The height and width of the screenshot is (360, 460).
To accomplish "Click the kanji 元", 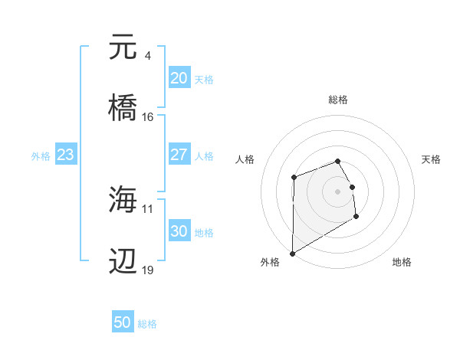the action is (x=123, y=47).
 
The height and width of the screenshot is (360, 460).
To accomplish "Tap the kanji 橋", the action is (x=123, y=107).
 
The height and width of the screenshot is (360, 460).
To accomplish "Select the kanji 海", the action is (x=123, y=199).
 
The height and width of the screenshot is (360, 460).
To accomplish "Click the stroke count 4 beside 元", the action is (x=147, y=55).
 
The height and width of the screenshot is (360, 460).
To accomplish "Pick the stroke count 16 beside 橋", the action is (x=148, y=116).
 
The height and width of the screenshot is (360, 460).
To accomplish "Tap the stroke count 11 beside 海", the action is (x=148, y=208).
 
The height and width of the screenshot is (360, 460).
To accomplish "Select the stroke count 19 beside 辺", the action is (x=148, y=270).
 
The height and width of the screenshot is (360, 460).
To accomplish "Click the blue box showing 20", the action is (x=179, y=78).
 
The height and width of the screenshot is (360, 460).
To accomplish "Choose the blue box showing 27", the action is (x=179, y=155).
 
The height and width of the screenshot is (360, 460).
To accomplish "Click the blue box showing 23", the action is (x=65, y=155).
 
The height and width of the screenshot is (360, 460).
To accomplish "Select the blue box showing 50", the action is (x=123, y=323).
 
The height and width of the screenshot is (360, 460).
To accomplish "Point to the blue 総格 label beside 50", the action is (x=147, y=324).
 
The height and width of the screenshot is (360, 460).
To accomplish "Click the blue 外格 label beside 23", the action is (x=41, y=156).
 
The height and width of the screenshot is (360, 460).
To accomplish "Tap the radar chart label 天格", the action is (x=432, y=159).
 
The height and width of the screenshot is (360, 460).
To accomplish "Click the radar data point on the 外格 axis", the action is (x=292, y=253).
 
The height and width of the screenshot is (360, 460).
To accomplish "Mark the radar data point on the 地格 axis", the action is (x=356, y=217).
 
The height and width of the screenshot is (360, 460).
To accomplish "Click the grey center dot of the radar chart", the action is (x=337, y=191).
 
